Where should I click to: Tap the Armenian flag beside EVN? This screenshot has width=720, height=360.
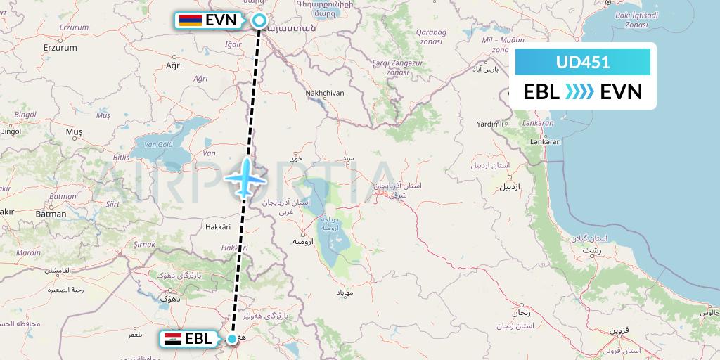coord(191,20)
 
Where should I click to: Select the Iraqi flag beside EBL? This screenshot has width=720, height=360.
coord(172,339)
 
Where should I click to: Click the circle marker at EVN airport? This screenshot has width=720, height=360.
coord(259,21)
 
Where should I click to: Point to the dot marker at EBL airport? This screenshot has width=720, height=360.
coord(232,340)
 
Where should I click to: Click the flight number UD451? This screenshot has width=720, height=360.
coord(582,62)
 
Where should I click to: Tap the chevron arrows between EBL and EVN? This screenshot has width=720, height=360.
coord(580,92)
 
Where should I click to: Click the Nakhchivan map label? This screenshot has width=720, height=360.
coord(325,92)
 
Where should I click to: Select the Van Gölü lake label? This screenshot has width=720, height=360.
coord(158,144)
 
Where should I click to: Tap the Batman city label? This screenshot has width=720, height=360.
coord(52,214)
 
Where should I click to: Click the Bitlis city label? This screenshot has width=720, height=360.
coord(121,157)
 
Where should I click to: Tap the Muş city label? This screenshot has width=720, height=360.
coord(74,131)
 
